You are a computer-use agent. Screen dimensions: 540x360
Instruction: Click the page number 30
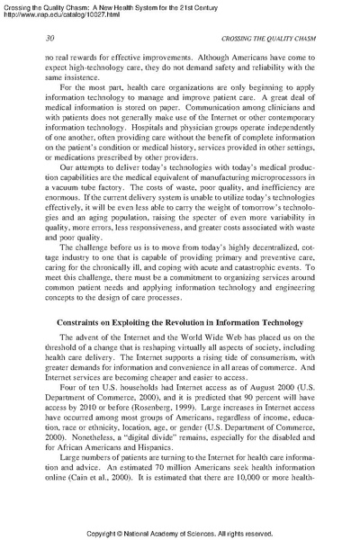coord(50,37)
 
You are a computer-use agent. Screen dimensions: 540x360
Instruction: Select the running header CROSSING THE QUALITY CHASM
coord(258,37)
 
